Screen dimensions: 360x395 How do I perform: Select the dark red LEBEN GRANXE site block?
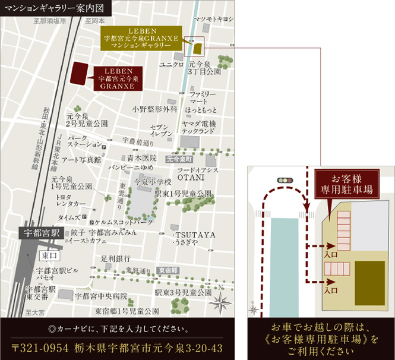pyautogui.click(x=80, y=75)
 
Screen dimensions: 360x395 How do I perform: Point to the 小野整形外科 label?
pyautogui.click(x=155, y=109)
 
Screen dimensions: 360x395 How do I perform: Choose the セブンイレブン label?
pyautogui.click(x=161, y=131)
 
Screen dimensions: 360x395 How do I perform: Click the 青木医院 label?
pyautogui.click(x=142, y=158)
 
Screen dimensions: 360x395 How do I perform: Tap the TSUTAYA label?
pyautogui.click(x=194, y=235)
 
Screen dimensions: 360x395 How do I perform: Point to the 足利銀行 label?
pyautogui.click(x=116, y=258)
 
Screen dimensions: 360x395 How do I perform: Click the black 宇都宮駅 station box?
pyautogui.click(x=40, y=232)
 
